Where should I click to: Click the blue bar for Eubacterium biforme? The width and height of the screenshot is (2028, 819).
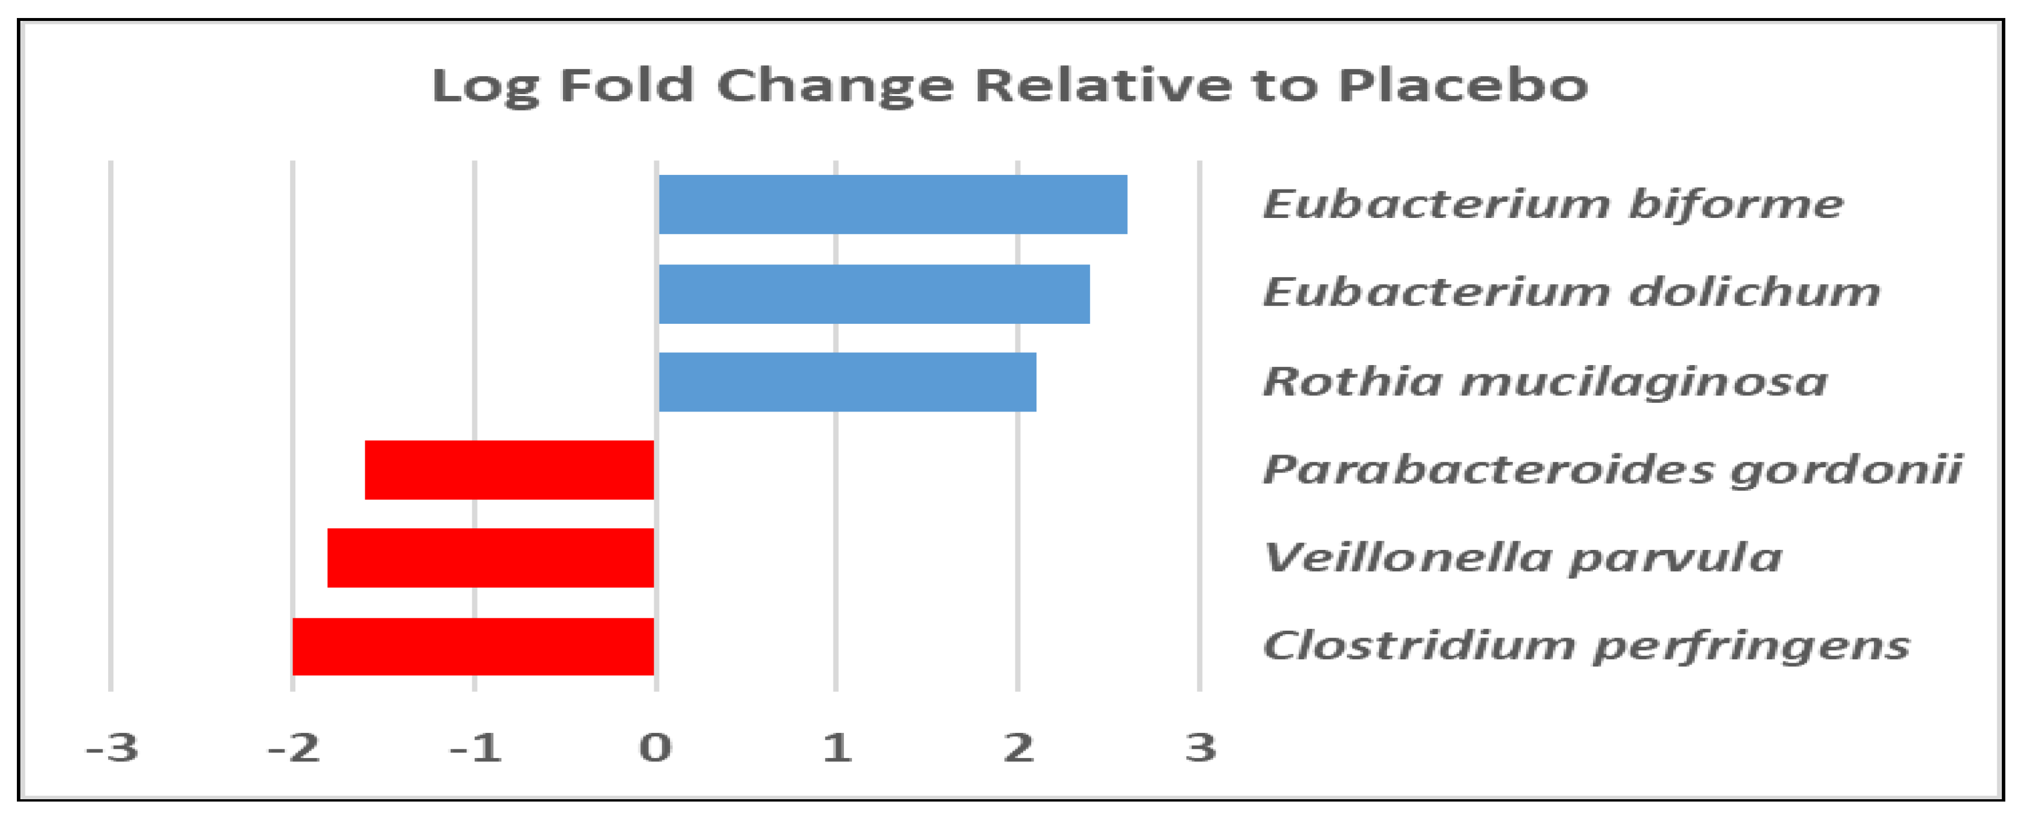893,205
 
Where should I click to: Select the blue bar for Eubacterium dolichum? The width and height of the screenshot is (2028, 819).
874,294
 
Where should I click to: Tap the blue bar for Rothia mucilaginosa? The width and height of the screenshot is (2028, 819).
847,382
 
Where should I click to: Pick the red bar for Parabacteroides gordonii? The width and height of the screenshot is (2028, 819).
509,470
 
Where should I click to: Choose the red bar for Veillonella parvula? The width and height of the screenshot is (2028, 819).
490,558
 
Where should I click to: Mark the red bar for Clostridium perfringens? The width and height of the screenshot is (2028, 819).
473,647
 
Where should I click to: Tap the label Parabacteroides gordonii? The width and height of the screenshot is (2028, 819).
1612,470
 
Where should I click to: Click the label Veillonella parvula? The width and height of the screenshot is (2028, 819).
1523,559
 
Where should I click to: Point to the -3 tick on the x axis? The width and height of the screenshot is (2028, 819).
112,748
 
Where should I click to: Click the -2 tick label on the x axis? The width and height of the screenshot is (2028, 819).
294,748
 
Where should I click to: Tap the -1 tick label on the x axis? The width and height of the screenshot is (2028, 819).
476,748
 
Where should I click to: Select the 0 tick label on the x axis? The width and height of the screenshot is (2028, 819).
655,748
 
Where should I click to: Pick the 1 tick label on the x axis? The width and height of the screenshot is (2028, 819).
837,748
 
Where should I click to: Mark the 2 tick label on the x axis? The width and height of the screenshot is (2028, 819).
1019,748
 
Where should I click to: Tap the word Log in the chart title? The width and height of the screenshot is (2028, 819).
486,87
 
